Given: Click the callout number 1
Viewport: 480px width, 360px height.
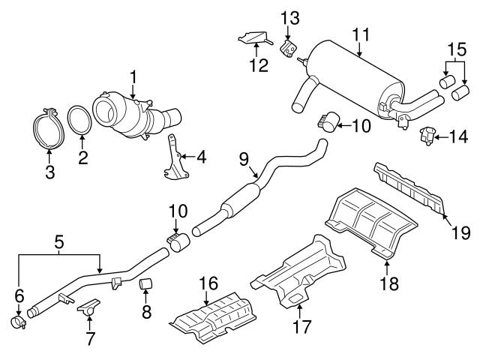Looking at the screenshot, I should pyautogui.click(x=133, y=76).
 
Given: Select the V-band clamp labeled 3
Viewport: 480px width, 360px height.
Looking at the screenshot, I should pyautogui.click(x=49, y=127).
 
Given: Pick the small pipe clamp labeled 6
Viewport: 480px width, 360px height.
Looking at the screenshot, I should pyautogui.click(x=19, y=322).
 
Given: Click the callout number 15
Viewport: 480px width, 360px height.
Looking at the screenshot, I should pyautogui.click(x=451, y=48).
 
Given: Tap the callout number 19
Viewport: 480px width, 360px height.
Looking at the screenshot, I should pyautogui.click(x=461, y=232).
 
